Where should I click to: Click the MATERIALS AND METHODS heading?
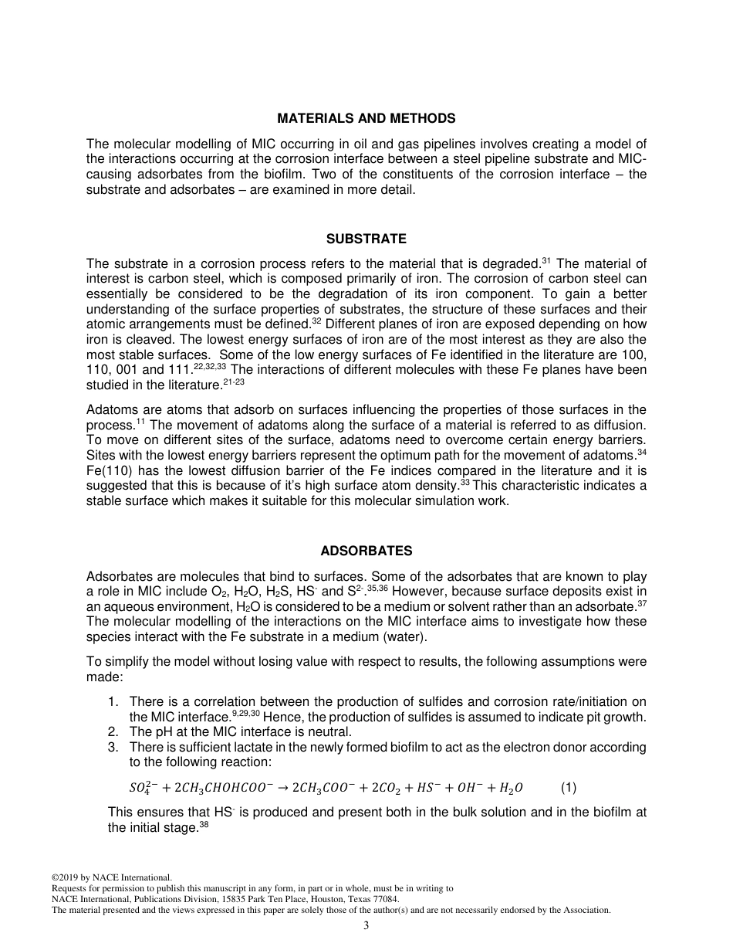click(x=366, y=118)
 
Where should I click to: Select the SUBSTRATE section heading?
click(x=366, y=239)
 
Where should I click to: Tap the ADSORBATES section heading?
click(x=366, y=551)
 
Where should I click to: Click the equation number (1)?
click(x=569, y=788)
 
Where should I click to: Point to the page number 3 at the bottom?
click(x=366, y=926)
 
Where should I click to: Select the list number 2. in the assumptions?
click(x=113, y=731)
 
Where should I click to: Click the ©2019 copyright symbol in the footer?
click(x=55, y=877)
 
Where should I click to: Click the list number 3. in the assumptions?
click(x=113, y=747)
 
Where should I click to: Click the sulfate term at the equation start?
click(x=141, y=788)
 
